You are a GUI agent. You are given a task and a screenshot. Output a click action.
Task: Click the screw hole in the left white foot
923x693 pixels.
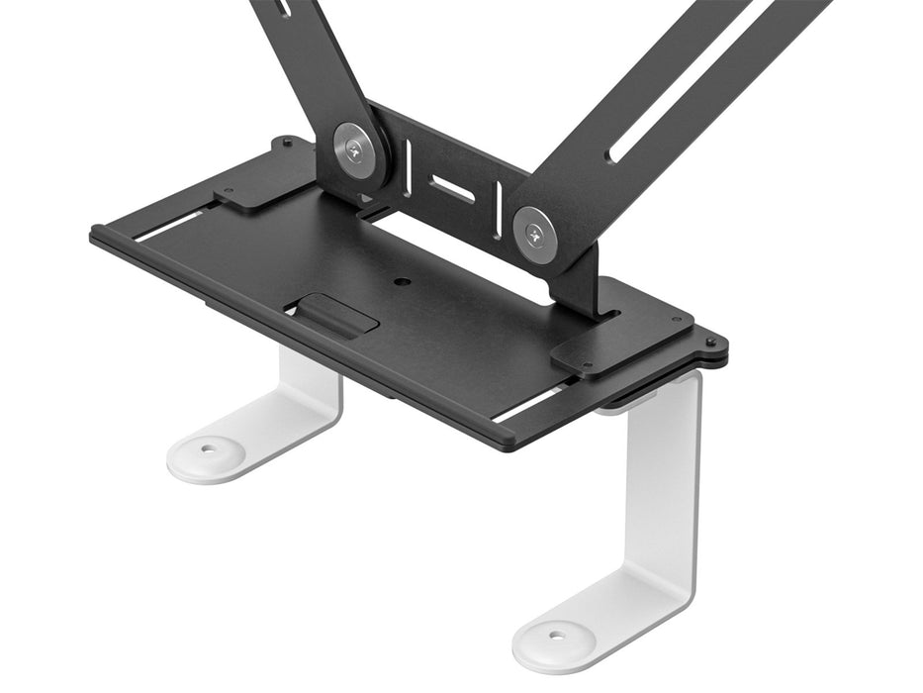210,448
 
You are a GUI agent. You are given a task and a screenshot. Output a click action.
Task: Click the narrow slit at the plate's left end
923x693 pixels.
173,227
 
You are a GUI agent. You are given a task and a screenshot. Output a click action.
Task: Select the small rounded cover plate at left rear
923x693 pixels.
261,178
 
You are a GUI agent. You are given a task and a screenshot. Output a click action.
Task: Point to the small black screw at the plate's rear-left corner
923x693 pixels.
287,143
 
